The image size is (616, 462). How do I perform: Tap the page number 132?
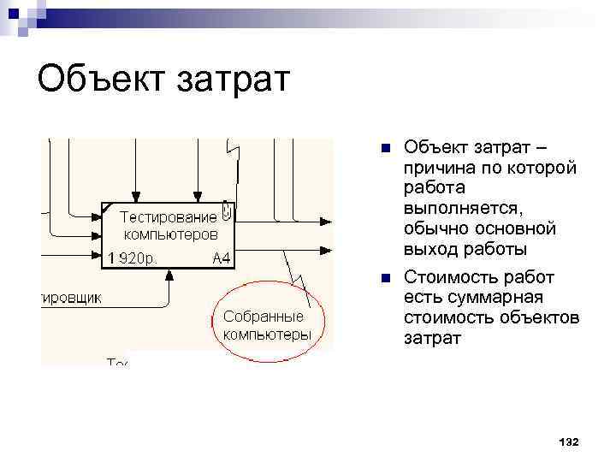tap(567, 441)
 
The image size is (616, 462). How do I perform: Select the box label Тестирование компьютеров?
tap(169, 225)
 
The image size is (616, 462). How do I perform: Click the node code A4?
tap(220, 258)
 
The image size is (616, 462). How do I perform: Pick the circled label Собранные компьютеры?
tap(267, 326)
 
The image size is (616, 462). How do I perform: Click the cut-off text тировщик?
tap(72, 298)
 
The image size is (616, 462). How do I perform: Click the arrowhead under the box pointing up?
tap(169, 275)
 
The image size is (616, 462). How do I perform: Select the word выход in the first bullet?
tap(432, 250)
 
